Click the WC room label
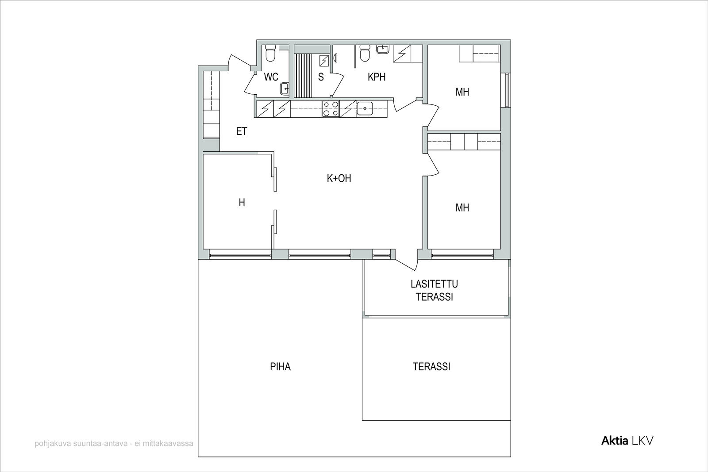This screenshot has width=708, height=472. [271, 77]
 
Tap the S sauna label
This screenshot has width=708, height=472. [321, 77]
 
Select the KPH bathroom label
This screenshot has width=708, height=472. [377, 77]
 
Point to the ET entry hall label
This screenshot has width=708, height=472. [242, 131]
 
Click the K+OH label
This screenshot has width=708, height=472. [339, 179]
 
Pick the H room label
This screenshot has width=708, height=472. [242, 203]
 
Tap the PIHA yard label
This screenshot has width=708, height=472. [280, 366]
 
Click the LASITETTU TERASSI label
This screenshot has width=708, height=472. [434, 290]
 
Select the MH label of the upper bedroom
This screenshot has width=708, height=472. [462, 92]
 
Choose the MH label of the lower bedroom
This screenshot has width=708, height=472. [462, 207]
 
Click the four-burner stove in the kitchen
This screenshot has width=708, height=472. [331, 109]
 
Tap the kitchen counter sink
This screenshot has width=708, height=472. [365, 109]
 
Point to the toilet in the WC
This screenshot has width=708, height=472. [270, 53]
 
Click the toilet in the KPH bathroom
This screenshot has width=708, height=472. [365, 53]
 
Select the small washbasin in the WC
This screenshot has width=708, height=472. [285, 89]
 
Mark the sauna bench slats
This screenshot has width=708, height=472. [303, 76]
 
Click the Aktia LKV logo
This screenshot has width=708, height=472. [627, 441]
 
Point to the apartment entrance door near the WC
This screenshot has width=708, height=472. [240, 61]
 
